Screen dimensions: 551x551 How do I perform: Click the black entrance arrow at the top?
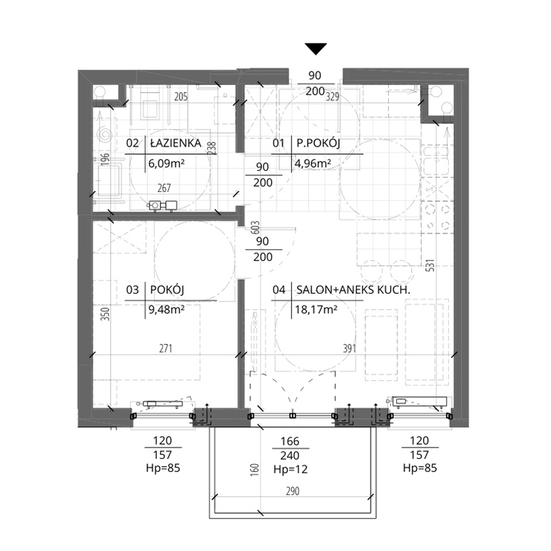pyautogui.click(x=316, y=48)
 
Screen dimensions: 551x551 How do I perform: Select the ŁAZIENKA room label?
pyautogui.click(x=176, y=143)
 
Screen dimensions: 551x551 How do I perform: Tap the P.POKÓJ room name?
pyautogui.click(x=318, y=143)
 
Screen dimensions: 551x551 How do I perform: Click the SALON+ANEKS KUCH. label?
pyautogui.click(x=353, y=290)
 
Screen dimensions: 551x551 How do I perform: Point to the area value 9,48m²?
pyautogui.click(x=167, y=309)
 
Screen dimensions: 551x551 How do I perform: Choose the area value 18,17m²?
pyautogui.click(x=317, y=309)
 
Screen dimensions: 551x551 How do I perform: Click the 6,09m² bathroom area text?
pyautogui.click(x=167, y=163)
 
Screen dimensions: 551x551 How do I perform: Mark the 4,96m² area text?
pyautogui.click(x=313, y=163)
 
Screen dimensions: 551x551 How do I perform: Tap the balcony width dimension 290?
pyautogui.click(x=293, y=491)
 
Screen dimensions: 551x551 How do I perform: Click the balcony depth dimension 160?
pyautogui.click(x=255, y=470)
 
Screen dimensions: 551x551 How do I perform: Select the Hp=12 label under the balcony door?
pyautogui.click(x=290, y=470)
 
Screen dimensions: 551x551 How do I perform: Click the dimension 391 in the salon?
pyautogui.click(x=350, y=348)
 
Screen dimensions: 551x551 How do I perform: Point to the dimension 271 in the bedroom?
pyautogui.click(x=165, y=348)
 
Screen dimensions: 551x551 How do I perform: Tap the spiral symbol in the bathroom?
pyautogui.click(x=105, y=135)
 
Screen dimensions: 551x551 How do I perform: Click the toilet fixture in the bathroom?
pyautogui.click(x=149, y=105)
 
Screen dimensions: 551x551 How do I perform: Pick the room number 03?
pyautogui.click(x=132, y=290)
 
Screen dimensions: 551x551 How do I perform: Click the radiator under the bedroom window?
pyautogui.click(x=161, y=404)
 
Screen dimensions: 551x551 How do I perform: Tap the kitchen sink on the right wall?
pyautogui.click(x=437, y=161)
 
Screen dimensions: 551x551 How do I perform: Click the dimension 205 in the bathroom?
pyautogui.click(x=181, y=96)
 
